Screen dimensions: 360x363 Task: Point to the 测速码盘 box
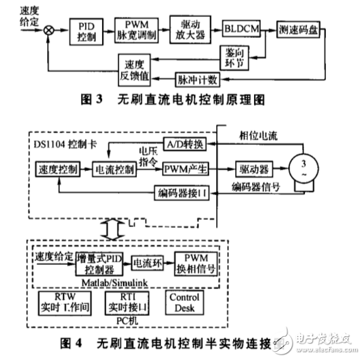click(x=299, y=30)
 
